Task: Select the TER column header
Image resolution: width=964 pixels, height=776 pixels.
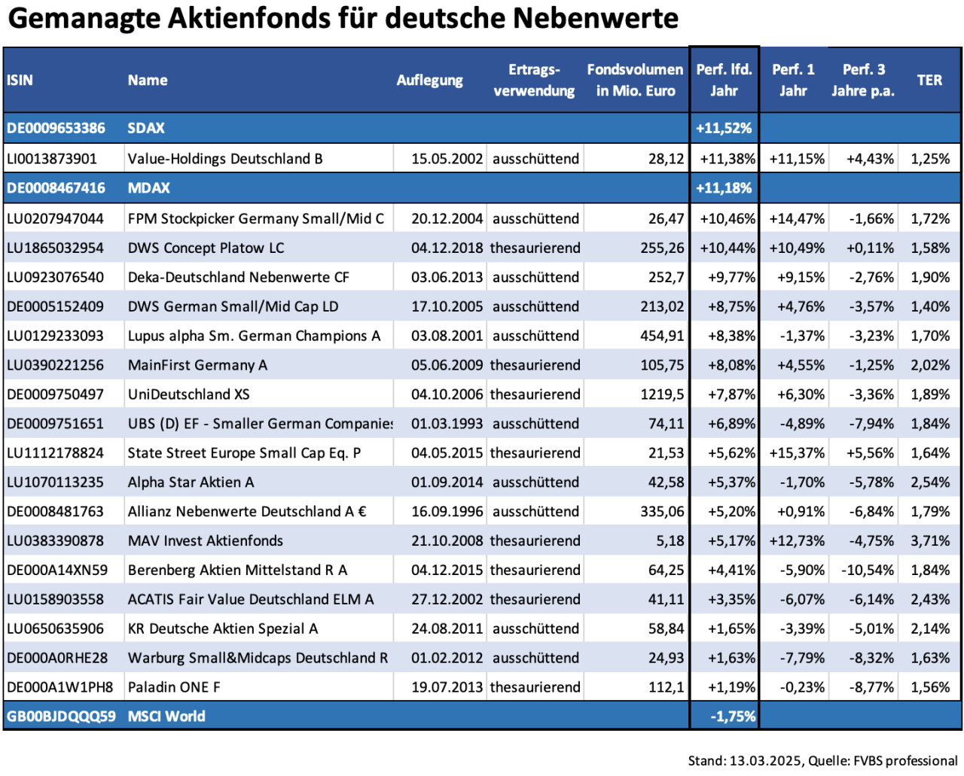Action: click(929, 80)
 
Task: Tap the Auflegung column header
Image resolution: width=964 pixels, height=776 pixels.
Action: click(429, 80)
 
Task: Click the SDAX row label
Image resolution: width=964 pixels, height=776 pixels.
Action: click(146, 128)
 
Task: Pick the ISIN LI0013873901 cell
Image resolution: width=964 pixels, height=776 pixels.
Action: click(52, 159)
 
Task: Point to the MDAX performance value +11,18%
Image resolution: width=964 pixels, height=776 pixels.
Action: click(724, 188)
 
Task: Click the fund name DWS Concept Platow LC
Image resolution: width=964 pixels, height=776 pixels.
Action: click(206, 248)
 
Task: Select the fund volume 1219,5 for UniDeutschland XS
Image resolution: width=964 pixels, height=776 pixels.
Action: click(662, 394)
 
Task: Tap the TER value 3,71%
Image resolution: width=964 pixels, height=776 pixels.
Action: click(930, 540)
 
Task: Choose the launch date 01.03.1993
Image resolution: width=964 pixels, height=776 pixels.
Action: click(447, 424)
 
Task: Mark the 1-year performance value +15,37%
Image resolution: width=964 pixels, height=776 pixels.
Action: click(797, 453)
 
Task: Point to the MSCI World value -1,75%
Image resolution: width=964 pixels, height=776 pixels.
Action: click(733, 717)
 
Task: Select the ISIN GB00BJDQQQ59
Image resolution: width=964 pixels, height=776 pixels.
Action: click(61, 717)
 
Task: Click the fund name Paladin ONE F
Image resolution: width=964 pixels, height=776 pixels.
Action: click(174, 687)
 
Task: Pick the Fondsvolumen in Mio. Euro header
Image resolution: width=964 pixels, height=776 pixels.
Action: click(635, 80)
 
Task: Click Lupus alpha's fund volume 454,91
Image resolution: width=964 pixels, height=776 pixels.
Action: click(662, 336)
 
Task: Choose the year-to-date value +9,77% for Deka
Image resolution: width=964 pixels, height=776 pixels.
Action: click(731, 277)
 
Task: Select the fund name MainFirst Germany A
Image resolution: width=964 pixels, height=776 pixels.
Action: click(197, 365)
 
